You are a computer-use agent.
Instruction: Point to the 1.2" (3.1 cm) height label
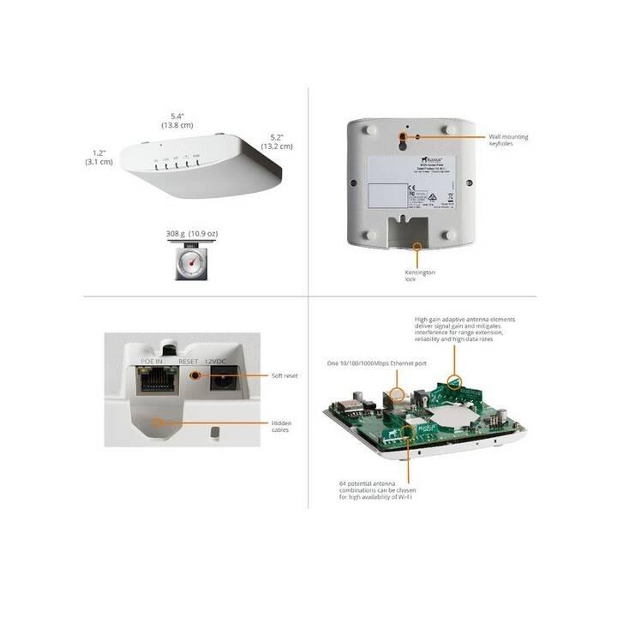point(99,157)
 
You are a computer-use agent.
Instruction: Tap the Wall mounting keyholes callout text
point(508,140)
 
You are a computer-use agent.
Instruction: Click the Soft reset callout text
point(285,375)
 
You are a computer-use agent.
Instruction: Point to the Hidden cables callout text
point(282,426)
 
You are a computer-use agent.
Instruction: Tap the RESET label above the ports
point(189,361)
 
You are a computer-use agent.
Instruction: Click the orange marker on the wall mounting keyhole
point(402,136)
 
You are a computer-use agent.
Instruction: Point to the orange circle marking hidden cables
point(157,422)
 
